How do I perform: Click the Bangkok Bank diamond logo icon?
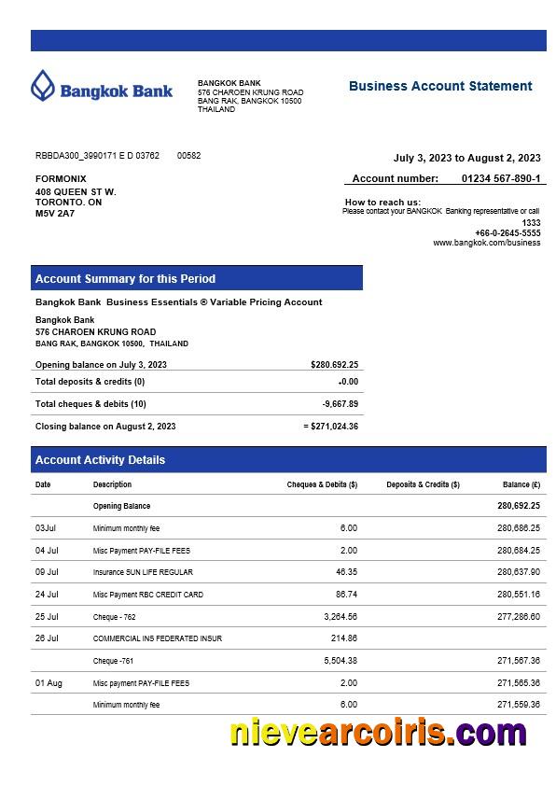point(43,86)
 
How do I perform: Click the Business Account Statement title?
point(440,86)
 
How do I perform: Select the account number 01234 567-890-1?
point(500,178)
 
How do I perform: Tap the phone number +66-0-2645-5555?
point(507,232)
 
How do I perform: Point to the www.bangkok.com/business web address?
point(486,243)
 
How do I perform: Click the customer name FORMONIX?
point(61,178)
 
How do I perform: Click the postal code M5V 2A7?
point(55,213)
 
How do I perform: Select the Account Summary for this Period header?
point(125,278)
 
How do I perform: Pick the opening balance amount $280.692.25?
point(334,365)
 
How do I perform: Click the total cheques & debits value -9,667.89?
point(340,404)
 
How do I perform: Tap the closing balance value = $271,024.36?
point(331,427)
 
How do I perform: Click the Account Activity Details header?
point(100,459)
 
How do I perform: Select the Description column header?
point(112,484)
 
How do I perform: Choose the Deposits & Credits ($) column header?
point(423,484)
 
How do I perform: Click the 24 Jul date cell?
point(47,595)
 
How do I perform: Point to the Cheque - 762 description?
point(114,617)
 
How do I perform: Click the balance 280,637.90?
point(518,572)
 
